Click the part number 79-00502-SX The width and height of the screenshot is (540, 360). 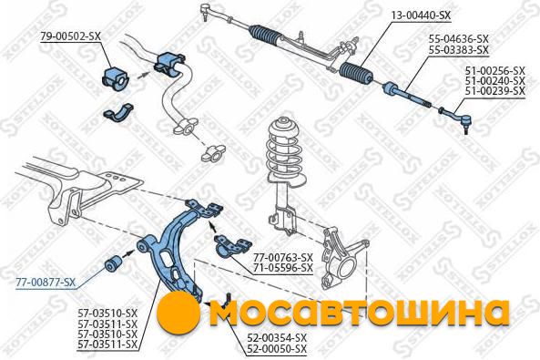click(71, 36)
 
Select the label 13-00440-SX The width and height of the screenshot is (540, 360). click(421, 15)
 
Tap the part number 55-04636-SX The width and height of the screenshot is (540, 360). click(459, 38)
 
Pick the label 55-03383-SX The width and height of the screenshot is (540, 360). click(459, 50)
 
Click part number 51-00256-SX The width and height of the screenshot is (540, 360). click(495, 71)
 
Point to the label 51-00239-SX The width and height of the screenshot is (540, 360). click(495, 91)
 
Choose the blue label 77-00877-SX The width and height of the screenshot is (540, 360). click(46, 283)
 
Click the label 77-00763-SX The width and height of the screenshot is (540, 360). click(283, 257)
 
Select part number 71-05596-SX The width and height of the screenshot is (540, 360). click(283, 268)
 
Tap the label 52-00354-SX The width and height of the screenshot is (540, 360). click(277, 337)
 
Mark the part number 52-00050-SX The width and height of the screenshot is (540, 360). click(277, 349)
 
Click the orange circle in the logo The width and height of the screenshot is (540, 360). click(178, 313)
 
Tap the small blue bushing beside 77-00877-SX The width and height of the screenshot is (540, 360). click(112, 263)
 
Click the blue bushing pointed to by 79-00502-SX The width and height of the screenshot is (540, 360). click(115, 80)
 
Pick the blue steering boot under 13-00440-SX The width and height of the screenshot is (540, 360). click(356, 75)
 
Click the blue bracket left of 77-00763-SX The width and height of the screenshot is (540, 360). click(232, 245)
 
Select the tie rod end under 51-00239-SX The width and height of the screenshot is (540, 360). click(454, 118)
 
